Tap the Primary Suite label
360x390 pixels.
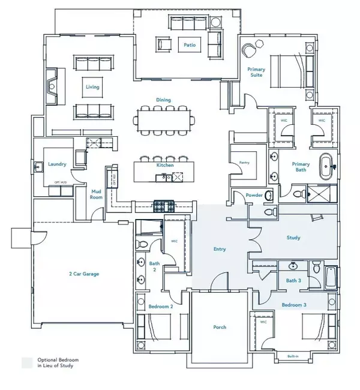click(x=257, y=73)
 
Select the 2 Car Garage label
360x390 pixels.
click(x=83, y=274)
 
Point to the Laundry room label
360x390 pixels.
click(x=57, y=164)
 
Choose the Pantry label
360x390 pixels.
click(x=244, y=163)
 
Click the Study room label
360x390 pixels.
click(x=293, y=238)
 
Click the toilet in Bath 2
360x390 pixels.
click(x=143, y=244)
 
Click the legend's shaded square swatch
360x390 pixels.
click(x=27, y=362)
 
